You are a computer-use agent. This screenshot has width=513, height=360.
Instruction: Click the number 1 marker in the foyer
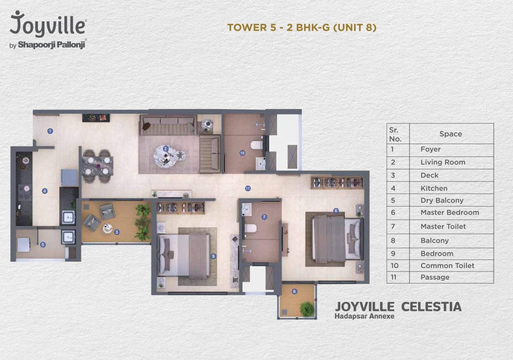coord(50,131)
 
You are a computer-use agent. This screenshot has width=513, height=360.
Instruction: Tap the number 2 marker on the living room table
coord(165,149)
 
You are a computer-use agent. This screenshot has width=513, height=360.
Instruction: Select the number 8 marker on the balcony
coord(294,292)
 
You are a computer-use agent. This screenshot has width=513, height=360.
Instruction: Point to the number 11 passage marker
coord(248,188)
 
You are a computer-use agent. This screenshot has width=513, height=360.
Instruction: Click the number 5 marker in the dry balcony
coord(43,245)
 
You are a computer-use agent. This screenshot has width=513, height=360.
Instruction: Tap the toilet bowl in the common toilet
coord(256,145)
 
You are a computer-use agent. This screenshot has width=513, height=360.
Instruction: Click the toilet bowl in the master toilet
coord(251,228)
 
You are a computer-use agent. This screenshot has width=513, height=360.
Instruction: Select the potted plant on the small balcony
coord(307,309)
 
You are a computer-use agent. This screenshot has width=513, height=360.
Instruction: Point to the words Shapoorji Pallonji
coord(51,44)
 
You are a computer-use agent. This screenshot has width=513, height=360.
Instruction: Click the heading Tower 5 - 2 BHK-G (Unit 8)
coord(302,27)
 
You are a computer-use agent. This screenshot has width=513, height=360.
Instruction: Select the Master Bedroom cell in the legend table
coord(450,212)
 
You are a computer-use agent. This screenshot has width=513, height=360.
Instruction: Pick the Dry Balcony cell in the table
coord(442,201)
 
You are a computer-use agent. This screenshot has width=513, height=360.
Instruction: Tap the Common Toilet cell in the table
coord(448,266)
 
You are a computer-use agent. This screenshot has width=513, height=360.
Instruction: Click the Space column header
coord(451,134)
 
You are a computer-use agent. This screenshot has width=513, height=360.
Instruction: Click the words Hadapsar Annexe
coord(364,316)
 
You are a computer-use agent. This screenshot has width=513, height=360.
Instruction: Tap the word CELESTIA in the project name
coord(431,307)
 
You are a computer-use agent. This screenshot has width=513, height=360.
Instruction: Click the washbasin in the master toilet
coord(247,209)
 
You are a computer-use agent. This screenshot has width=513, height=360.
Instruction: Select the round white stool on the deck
coord(107,228)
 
